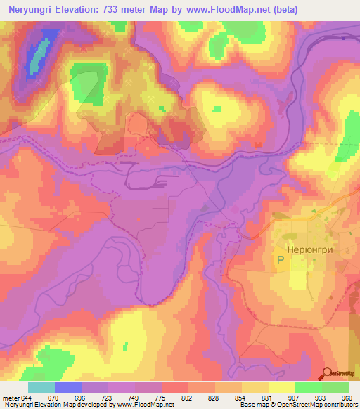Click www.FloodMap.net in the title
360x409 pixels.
pyautogui.click(x=226, y=10)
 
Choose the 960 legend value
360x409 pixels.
pyautogui.click(x=346, y=398)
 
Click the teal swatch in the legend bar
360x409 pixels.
pyautogui.click(x=41, y=387)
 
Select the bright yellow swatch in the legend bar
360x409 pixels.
pyautogui.click(x=281, y=387)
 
